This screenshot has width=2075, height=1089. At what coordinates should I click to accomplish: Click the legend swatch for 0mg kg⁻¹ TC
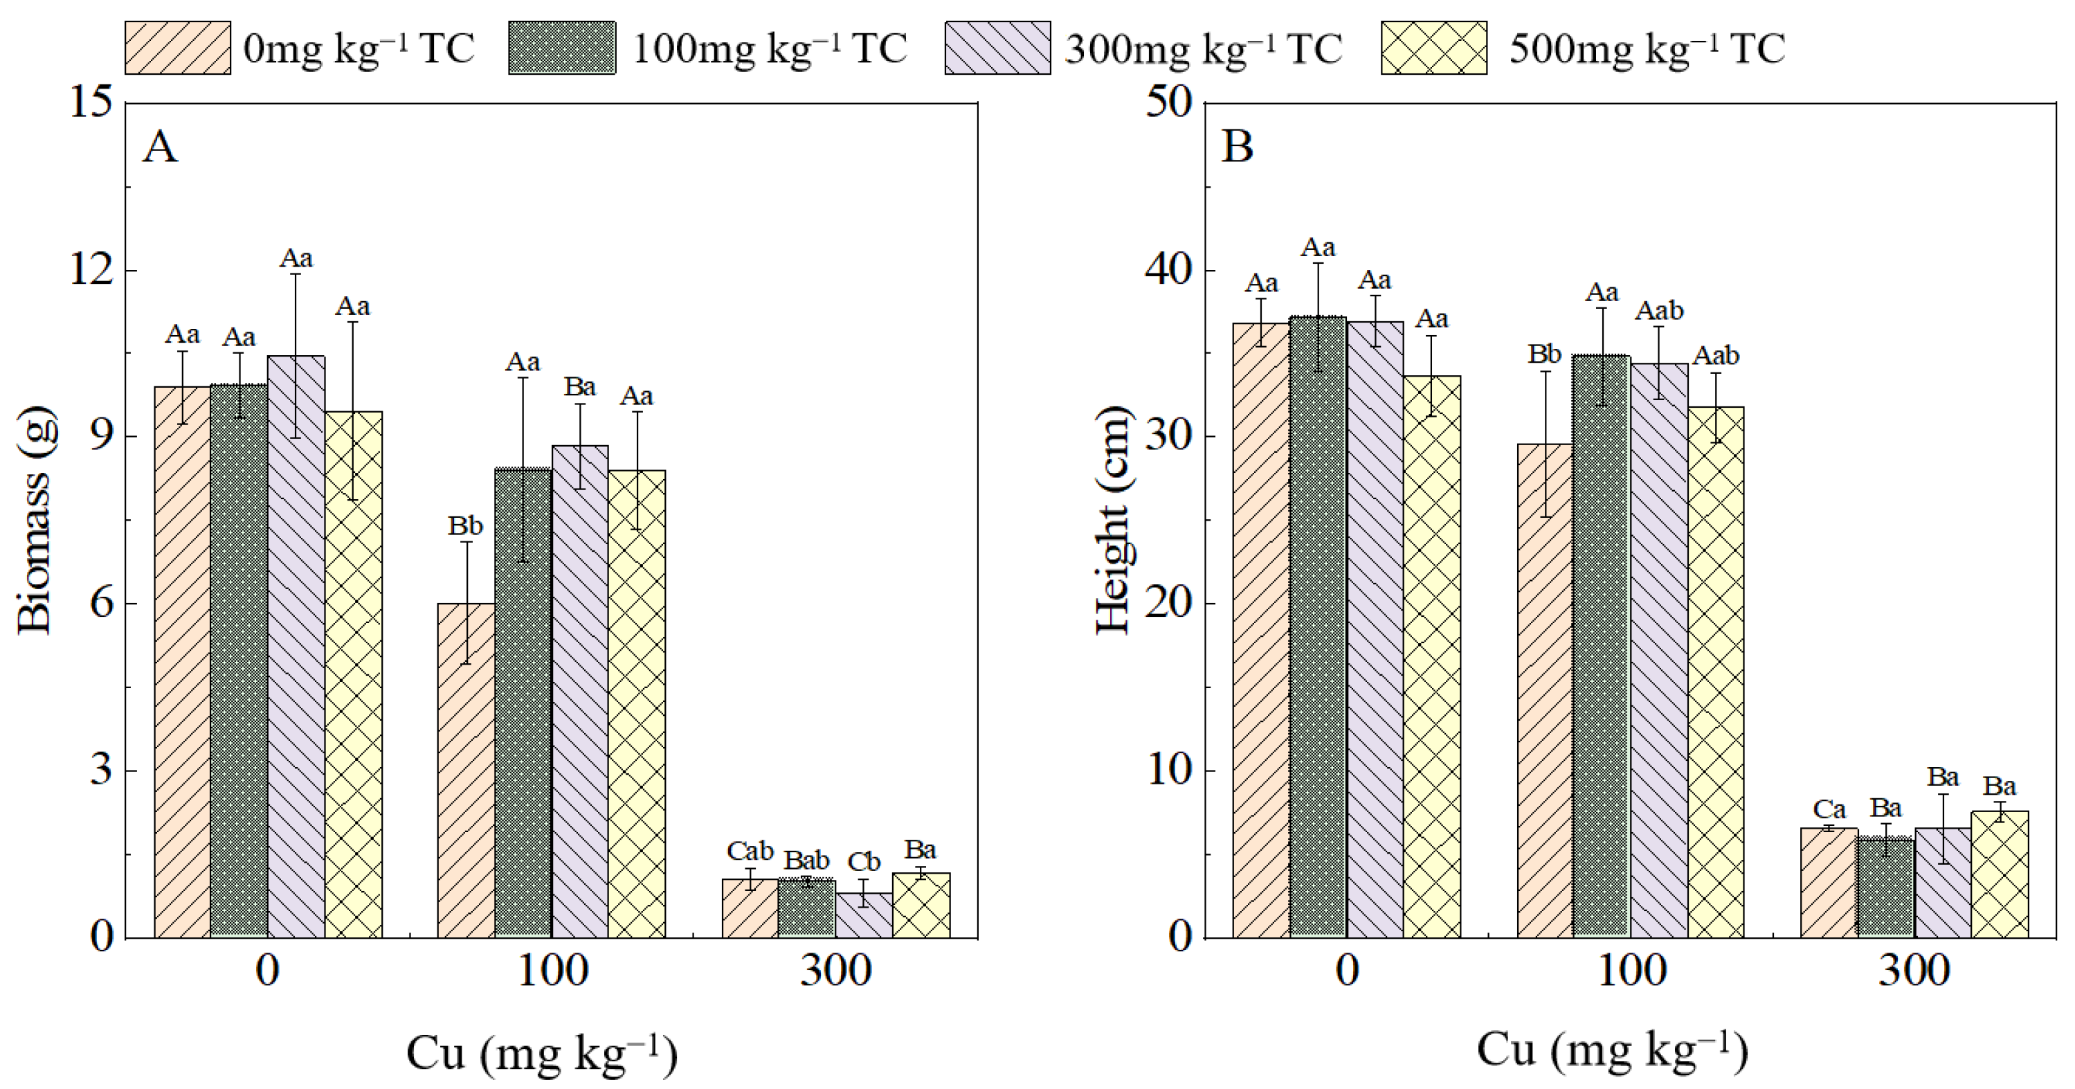coord(177,48)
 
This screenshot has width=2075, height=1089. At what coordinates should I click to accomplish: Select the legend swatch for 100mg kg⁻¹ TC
coord(561,48)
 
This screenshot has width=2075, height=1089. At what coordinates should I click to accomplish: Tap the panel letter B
coord(1238,147)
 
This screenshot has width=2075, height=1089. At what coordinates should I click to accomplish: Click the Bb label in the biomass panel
coord(465,526)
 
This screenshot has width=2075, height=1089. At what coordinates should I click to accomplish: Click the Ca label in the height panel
coord(1829,809)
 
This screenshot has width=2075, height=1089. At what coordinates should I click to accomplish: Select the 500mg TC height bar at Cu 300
coord(2000,874)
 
